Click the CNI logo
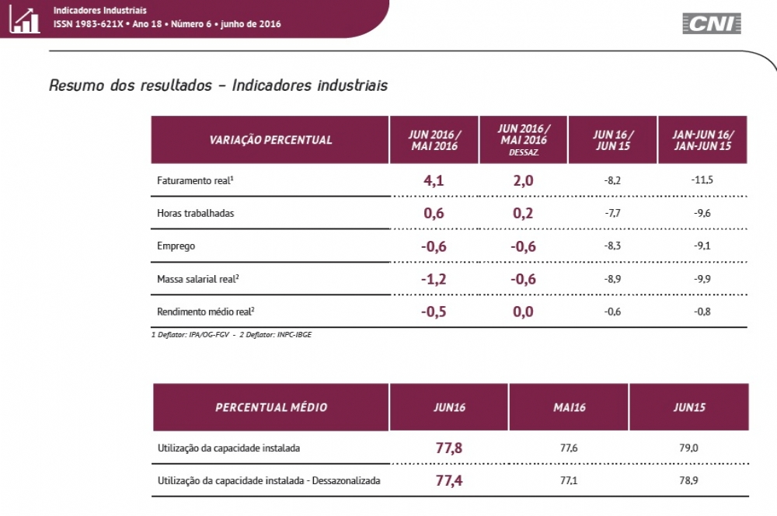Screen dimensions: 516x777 (711, 23)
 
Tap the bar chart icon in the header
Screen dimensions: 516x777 (24, 19)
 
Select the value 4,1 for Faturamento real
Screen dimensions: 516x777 (434, 180)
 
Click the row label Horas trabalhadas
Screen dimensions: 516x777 (195, 213)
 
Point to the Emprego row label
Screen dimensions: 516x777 (176, 246)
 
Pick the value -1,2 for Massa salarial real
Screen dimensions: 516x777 (434, 279)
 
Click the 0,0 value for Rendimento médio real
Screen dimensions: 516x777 (523, 312)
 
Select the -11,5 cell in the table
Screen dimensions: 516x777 (702, 180)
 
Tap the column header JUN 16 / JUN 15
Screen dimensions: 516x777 (613, 140)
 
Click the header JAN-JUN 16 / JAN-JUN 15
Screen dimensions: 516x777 (702, 140)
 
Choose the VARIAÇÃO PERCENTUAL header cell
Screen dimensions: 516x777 (270, 140)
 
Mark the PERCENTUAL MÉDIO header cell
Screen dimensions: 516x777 (271, 407)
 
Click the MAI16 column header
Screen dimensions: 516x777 (570, 407)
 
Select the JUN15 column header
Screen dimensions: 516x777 (689, 407)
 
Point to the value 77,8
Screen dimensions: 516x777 (449, 448)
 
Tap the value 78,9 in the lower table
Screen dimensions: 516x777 (689, 480)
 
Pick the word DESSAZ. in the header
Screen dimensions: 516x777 (524, 153)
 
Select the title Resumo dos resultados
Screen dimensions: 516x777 (130, 85)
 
